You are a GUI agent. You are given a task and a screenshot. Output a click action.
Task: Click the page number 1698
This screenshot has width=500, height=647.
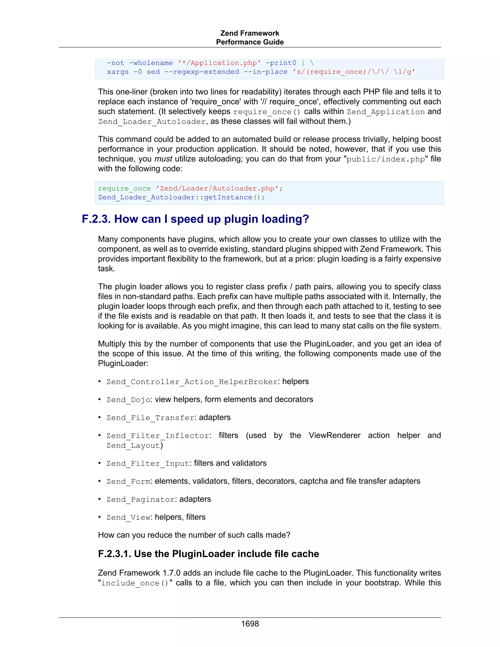(x=250, y=624)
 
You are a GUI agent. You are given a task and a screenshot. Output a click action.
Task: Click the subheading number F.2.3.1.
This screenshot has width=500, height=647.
(x=114, y=554)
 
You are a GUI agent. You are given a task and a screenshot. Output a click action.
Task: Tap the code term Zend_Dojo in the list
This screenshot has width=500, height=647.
(x=128, y=400)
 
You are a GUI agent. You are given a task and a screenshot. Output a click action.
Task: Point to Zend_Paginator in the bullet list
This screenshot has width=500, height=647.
(x=140, y=500)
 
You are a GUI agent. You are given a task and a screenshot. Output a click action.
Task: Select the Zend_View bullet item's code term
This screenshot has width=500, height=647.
(x=128, y=517)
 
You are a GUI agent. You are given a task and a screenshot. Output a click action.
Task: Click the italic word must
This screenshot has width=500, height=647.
(x=163, y=159)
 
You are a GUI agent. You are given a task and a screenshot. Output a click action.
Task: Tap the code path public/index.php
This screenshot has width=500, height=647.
(x=385, y=159)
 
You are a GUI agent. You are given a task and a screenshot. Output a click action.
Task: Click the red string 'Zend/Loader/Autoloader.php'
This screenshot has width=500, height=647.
(x=217, y=188)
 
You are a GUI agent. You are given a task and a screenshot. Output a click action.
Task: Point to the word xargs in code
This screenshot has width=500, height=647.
(x=118, y=72)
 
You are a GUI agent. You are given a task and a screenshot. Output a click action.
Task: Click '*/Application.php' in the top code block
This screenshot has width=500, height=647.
(x=219, y=63)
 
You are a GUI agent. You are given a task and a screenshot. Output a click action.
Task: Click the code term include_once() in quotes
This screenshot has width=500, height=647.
(x=135, y=583)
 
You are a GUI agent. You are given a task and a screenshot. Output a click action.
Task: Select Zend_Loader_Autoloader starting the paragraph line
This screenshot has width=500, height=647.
(x=152, y=122)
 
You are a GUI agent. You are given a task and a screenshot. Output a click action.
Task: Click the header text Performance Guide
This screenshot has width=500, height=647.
(x=250, y=42)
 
